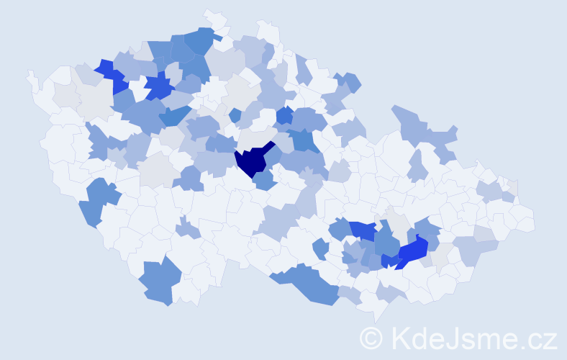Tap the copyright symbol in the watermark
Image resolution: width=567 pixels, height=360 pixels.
371,338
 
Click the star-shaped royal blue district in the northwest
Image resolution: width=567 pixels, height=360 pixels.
158,89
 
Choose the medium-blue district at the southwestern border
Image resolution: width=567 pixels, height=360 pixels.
155,281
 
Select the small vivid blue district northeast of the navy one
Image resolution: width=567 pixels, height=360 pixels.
285,114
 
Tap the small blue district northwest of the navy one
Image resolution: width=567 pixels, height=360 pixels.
235,114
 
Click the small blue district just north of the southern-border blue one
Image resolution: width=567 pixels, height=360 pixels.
321,249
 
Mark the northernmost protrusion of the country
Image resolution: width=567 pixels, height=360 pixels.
209,12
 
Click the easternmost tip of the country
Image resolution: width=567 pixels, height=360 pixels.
534,220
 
